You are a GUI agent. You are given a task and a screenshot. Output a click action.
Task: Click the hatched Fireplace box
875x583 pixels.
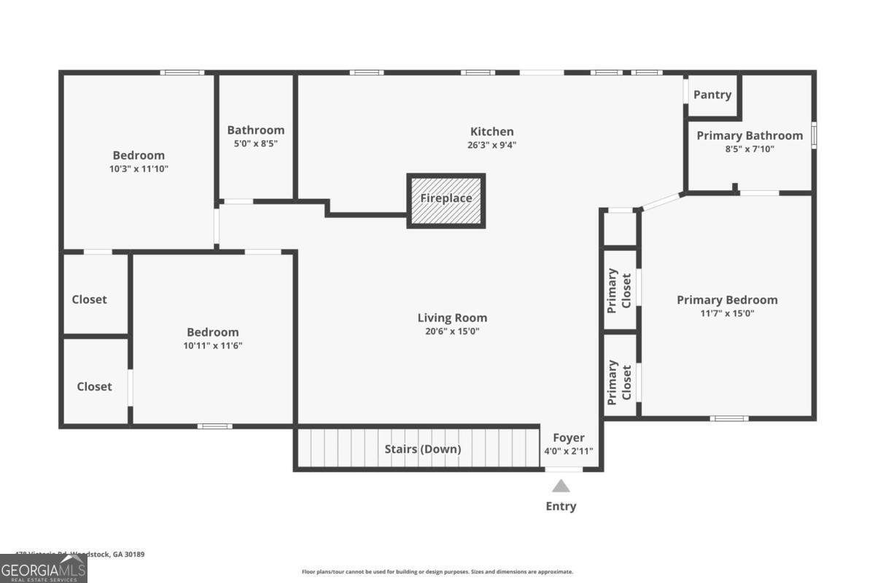446,200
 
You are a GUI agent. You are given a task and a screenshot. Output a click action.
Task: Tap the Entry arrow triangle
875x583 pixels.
561,486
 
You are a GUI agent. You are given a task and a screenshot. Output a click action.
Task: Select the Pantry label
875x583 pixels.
712,95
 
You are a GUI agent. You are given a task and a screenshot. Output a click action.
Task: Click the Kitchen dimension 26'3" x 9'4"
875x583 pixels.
491,144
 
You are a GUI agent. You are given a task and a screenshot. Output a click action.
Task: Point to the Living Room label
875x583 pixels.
452,318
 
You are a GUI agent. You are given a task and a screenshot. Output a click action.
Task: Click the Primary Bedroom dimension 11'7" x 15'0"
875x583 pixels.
727,313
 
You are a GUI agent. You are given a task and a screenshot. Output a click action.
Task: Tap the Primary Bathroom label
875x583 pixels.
750,136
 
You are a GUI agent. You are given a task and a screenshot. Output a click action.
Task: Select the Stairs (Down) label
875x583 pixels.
423,449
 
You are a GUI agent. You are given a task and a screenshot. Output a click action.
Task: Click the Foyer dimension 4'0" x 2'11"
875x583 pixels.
569,451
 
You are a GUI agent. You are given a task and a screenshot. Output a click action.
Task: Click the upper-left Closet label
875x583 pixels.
89,300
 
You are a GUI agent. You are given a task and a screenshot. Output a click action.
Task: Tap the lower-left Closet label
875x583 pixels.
95,386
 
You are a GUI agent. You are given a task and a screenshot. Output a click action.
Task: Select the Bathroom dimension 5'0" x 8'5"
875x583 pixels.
255,144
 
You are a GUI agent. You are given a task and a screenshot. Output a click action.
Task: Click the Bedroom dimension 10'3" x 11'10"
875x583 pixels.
139,168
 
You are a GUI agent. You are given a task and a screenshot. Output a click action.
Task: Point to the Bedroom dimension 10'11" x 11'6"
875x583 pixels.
212,345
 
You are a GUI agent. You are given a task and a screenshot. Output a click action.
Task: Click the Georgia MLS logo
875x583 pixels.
43,568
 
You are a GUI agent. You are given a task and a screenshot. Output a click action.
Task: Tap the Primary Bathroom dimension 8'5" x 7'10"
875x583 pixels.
749,149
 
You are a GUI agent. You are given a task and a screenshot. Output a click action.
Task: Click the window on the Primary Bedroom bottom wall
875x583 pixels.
729,418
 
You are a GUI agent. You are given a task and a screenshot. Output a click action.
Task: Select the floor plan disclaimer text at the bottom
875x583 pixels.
437,572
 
